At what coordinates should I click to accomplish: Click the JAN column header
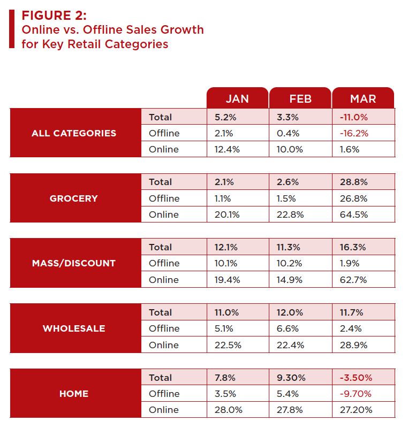237,98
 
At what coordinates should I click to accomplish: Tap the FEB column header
300,98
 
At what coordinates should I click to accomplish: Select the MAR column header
363,98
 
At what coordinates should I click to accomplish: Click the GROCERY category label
74,198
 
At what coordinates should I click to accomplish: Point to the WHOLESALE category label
74,328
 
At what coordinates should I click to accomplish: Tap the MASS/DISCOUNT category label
74,263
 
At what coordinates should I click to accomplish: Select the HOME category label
74,394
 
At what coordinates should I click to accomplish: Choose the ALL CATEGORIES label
74,133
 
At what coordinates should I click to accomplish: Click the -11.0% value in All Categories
354,117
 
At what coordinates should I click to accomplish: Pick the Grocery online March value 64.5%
353,215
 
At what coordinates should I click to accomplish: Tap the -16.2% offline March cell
354,133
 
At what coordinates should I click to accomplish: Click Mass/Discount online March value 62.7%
353,280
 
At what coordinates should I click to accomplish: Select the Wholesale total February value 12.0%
289,312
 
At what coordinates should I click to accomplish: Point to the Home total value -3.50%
356,378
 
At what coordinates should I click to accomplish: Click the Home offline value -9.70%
356,394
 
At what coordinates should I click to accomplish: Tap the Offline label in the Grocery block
164,198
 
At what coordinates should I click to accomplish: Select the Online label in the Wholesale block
164,345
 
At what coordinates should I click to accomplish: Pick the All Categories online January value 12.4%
226,149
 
